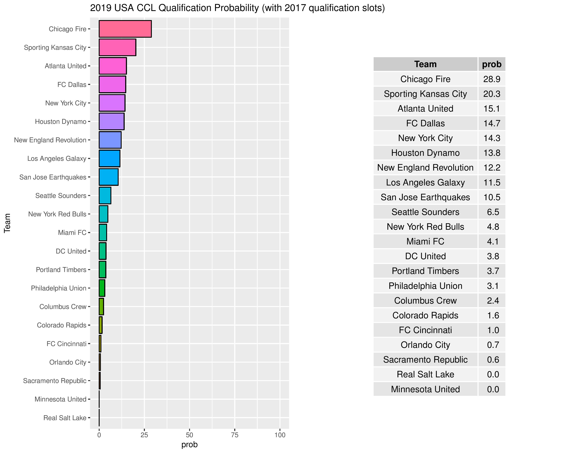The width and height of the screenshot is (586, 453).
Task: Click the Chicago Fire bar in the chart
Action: [125, 29]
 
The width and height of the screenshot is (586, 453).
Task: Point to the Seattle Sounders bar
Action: [105, 195]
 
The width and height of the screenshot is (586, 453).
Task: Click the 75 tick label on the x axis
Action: [235, 435]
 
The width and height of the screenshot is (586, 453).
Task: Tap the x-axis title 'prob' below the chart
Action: [189, 444]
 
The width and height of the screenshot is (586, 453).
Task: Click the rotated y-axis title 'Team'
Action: [7, 223]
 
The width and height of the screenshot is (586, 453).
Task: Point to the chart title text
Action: [237, 8]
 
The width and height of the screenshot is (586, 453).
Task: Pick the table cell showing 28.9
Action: [492, 79]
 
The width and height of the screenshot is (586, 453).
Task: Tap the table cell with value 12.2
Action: [492, 168]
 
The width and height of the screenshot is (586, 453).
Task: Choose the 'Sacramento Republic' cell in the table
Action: [425, 360]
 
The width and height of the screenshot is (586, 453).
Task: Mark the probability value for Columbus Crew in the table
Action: [493, 301]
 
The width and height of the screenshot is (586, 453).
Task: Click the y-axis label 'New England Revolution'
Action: [50, 140]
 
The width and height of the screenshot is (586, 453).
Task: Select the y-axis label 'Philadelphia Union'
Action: [58, 288]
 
